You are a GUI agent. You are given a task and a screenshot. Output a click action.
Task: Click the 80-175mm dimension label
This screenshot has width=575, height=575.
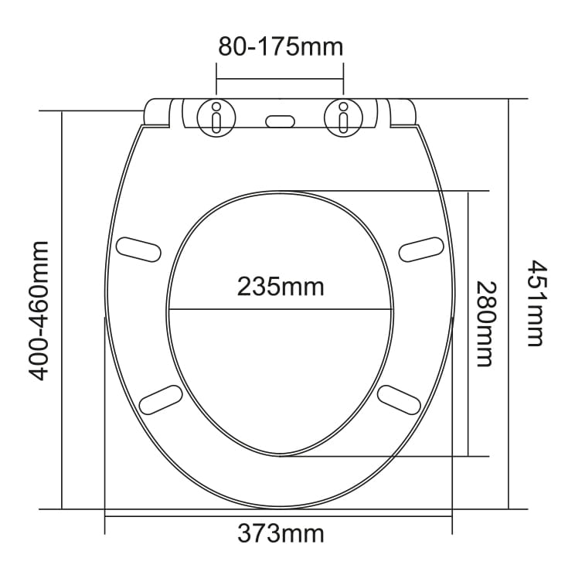coord(281,47)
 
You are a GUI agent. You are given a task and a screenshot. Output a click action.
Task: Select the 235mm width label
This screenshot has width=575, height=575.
coord(281,287)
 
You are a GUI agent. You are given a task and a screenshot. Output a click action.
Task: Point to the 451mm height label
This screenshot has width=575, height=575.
coord(537,303)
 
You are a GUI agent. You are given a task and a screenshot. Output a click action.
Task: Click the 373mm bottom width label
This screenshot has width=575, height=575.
coord(281,533)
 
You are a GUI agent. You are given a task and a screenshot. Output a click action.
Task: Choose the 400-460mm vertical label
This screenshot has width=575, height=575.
coord(38,311)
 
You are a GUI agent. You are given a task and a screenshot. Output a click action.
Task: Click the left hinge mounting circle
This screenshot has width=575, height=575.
coord(216,117)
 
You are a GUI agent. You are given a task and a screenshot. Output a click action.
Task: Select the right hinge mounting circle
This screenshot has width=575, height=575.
coord(343,117)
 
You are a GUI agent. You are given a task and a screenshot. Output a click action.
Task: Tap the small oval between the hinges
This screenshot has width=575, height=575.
coord(281,121)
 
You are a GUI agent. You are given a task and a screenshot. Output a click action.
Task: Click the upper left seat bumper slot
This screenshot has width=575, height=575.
coord(138,250)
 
